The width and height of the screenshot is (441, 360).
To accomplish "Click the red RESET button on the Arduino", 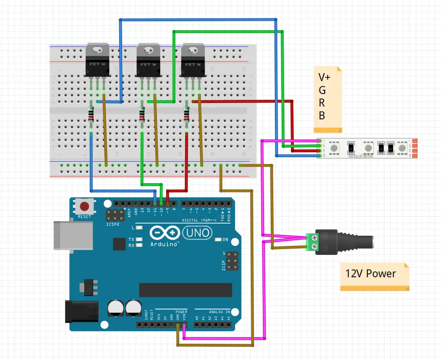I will click(x=85, y=206).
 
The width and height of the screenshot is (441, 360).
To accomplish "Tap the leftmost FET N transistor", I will click(x=98, y=60).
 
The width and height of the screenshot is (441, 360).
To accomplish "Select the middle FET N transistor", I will click(x=149, y=60).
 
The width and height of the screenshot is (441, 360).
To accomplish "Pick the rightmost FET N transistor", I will click(x=193, y=60).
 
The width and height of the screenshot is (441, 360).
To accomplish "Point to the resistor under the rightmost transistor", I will click(x=186, y=114).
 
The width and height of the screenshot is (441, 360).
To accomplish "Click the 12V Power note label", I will click(x=370, y=274).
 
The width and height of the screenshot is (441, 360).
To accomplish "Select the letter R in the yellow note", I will click(x=322, y=103).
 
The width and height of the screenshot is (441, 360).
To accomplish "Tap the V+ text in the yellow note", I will click(x=325, y=77).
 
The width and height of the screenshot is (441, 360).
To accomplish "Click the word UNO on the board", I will click(x=198, y=233).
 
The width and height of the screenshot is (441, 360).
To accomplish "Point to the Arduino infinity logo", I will click(x=165, y=233).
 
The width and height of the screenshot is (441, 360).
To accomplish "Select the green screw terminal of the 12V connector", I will click(x=311, y=242).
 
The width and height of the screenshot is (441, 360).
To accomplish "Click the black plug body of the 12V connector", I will click(x=345, y=242).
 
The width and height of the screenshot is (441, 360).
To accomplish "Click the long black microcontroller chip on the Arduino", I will click(x=186, y=290).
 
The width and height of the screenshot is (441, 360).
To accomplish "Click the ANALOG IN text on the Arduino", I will click(x=219, y=311).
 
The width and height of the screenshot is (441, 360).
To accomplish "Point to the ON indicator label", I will click(x=225, y=239).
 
